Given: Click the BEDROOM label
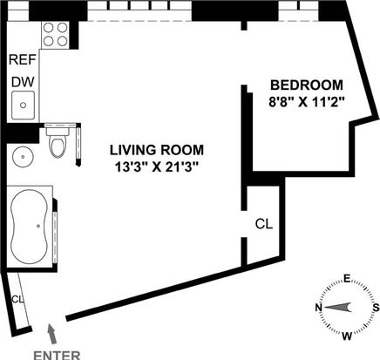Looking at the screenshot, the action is [x=307, y=85].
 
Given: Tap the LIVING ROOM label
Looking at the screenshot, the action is [x=157, y=150].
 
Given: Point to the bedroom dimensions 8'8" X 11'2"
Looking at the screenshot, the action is [x=307, y=102].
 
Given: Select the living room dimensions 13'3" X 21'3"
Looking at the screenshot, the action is [x=157, y=167].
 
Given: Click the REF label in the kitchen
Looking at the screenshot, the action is [x=23, y=59].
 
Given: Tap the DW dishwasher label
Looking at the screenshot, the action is [x=23, y=82].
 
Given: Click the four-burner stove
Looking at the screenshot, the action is [x=56, y=35].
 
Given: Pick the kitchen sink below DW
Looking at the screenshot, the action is [x=23, y=105].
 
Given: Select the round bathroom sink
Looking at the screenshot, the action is [x=24, y=156].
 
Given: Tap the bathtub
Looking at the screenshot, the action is [x=29, y=227].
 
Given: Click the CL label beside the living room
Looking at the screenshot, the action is [x=264, y=224].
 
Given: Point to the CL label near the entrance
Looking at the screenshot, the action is [x=17, y=299].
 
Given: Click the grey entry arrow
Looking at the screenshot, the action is [x=51, y=335].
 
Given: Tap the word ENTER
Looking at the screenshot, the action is [x=57, y=356].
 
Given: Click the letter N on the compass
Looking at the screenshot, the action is [x=319, y=307].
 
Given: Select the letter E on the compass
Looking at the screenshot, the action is [x=347, y=279].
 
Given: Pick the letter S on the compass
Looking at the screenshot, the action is [x=376, y=307].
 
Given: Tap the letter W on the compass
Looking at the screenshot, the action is [x=347, y=336].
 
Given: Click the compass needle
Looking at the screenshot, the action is [x=337, y=307].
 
